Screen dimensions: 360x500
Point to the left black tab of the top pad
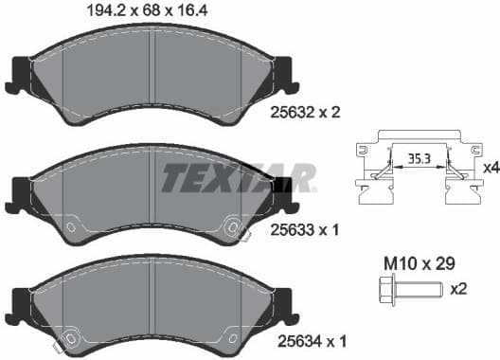(x=19, y=73)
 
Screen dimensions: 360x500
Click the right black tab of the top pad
(x=281, y=73)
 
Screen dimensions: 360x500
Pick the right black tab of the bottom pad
(x=281, y=304)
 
